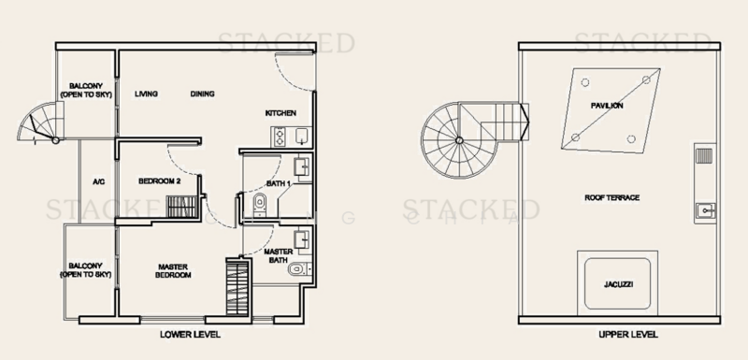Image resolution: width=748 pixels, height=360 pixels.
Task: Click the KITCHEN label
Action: tap(280, 113)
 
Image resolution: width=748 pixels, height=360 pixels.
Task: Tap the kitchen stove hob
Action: tap(279, 137)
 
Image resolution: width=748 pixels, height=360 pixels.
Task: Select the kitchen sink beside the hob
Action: tap(302, 137)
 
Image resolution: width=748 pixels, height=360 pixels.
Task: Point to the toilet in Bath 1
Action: tap(260, 205)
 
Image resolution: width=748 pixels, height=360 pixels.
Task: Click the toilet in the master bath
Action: tap(298, 270)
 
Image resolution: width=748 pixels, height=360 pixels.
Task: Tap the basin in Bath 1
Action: tap(302, 166)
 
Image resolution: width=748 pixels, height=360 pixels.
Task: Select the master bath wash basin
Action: tap(302, 238)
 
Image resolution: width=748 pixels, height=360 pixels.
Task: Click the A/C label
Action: tap(98, 181)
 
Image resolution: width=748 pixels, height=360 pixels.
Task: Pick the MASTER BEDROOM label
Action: tap(173, 271)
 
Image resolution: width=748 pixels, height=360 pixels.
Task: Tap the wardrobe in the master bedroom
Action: tap(237, 287)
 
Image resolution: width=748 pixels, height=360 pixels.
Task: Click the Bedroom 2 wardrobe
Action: tap(181, 207)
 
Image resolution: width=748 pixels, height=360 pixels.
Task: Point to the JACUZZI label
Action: tap(618, 284)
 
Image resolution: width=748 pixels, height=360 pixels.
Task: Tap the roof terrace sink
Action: tap(705, 209)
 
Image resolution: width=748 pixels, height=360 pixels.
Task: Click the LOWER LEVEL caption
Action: tap(190, 335)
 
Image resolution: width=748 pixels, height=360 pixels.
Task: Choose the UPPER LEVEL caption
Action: tap(628, 335)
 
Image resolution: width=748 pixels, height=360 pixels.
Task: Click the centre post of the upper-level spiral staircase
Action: tap(459, 140)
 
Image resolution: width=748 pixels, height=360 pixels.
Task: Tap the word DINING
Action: tap(202, 94)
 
